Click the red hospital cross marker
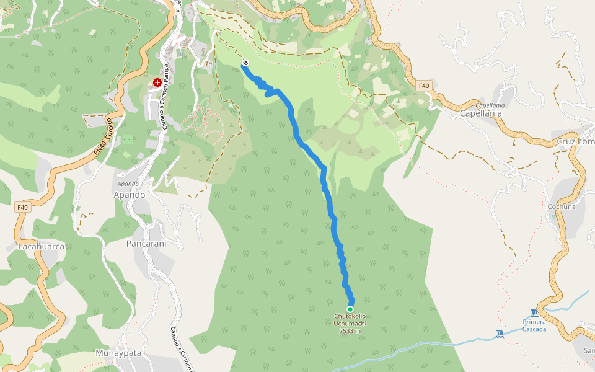point(157,83)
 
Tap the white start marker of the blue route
point(245,63)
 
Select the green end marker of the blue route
point(350,309)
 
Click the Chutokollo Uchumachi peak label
point(350,319)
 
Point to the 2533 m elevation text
point(350,330)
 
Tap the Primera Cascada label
point(534,325)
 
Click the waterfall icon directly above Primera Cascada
point(535,313)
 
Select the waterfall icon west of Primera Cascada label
point(500,335)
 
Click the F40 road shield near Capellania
point(423,86)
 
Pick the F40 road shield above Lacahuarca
point(23,207)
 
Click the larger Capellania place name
point(481,114)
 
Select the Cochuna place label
point(561,206)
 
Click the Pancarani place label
point(146,244)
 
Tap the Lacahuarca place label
point(42,246)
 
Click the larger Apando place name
point(129,195)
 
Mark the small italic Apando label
point(128,184)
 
